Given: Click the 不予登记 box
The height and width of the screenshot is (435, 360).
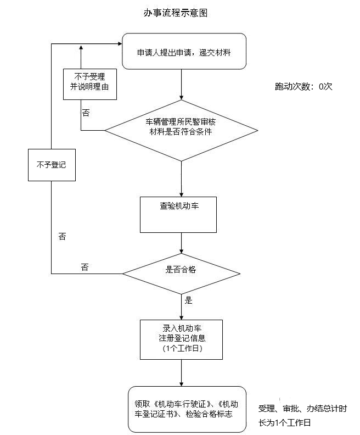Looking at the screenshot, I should (51, 164).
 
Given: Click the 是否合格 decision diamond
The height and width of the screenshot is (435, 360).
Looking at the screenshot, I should (181, 270).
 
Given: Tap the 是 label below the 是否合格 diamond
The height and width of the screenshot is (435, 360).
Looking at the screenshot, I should (189, 300).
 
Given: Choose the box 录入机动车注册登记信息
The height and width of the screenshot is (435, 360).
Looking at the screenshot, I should (181, 339).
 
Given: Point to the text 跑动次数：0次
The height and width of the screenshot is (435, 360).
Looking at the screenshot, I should (303, 86).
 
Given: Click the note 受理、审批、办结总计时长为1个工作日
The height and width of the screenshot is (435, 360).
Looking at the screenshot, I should (302, 416).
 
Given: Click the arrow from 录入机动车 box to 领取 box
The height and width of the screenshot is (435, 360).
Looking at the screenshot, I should (181, 373).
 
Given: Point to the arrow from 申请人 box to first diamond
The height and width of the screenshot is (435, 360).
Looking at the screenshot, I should (181, 85).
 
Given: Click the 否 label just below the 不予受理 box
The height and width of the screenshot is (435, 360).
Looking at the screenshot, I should (86, 113).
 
